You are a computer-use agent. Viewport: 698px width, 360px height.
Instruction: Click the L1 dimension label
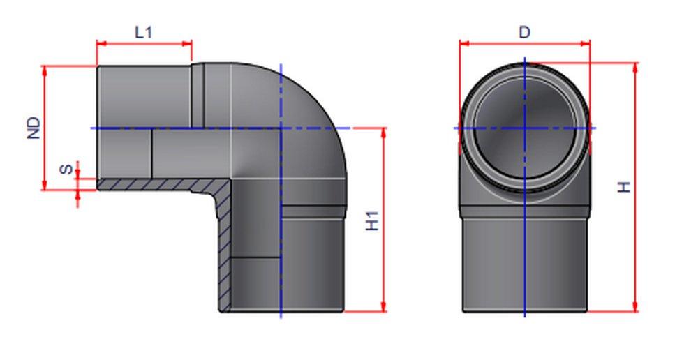[x=144, y=31]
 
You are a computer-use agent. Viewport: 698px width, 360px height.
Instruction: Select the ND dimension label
[x=34, y=128]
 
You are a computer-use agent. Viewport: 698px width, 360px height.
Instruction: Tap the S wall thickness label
[x=65, y=170]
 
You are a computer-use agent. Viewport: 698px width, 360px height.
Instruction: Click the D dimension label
[x=525, y=32]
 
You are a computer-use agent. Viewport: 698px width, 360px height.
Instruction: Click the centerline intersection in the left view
[x=281, y=128]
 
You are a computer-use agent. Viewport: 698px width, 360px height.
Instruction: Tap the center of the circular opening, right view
[x=525, y=128]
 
